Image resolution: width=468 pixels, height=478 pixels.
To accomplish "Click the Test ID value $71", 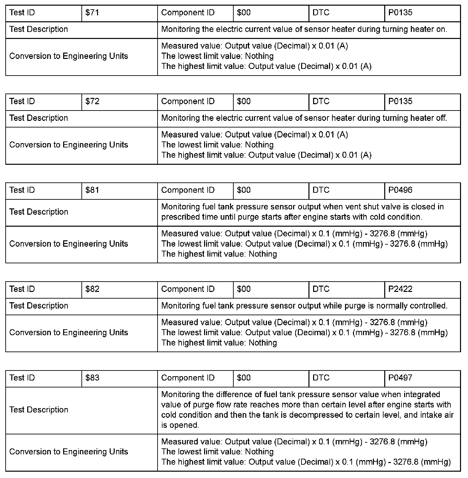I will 92,13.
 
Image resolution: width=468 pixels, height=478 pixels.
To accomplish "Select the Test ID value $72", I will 92,102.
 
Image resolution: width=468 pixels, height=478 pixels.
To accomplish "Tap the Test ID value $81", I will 92,190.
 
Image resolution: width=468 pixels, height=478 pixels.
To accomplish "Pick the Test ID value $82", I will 92,289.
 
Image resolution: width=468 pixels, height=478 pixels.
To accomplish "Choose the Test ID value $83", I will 92,378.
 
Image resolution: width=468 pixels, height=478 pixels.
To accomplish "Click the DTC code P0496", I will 400,190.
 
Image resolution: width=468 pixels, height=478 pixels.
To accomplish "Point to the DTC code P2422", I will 400,289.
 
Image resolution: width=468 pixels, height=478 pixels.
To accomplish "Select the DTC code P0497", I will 400,378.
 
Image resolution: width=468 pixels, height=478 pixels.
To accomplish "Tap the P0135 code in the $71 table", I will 400,13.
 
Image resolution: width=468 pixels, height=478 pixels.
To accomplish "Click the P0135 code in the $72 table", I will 400,102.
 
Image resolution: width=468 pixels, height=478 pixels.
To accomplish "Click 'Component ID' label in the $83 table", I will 188,378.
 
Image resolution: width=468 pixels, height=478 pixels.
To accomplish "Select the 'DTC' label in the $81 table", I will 321,190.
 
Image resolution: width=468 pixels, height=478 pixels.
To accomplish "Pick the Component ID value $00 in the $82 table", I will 244,289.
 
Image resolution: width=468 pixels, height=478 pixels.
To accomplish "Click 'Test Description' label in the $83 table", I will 39,410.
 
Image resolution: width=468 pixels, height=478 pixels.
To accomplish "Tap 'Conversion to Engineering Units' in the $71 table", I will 68,56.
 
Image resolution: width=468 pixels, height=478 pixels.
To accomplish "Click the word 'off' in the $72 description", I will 441,118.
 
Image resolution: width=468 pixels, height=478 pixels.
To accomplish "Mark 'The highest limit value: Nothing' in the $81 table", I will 219,254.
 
